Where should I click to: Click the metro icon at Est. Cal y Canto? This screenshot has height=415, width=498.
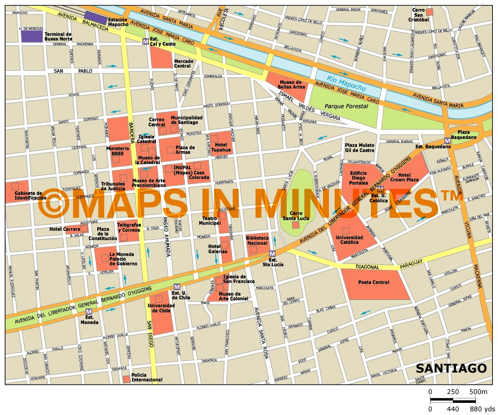pos(146,41)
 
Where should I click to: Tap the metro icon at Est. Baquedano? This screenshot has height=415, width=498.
pos(447,140)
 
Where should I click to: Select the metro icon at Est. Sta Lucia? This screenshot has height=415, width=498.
pos(272,253)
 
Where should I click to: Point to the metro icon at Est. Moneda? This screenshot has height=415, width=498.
pos(88,311)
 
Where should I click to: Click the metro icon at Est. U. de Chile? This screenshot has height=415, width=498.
pos(176,286)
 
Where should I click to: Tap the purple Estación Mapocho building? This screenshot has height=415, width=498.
pos(95,18)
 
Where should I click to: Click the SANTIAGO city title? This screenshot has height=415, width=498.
pos(451,368)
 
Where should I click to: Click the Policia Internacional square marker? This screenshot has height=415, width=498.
pos(127,379)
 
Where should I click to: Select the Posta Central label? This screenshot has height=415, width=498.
pos(373,282)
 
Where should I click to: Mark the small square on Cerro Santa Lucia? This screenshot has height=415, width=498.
pos(296,225)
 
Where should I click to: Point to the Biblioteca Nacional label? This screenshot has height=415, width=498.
pos(257,241)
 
